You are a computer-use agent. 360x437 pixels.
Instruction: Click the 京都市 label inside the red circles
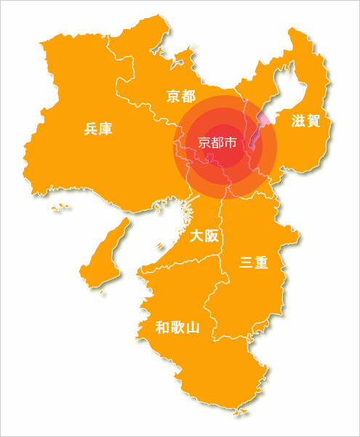point(217,143)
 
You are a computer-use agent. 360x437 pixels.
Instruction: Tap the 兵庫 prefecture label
point(98,129)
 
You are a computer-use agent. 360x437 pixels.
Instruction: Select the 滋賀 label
point(306,121)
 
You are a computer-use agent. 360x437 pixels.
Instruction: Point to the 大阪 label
point(204,236)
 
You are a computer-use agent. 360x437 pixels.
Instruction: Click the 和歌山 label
point(177,327)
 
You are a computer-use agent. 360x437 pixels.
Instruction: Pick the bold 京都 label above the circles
point(181,96)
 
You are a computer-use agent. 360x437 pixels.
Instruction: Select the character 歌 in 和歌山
point(177,327)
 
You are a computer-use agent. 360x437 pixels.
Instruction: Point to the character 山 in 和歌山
point(192,327)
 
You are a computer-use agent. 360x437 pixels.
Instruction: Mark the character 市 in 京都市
point(231,143)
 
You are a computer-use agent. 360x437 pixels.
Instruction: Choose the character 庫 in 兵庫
point(106,129)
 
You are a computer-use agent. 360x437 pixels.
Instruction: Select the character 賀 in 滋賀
point(313,121)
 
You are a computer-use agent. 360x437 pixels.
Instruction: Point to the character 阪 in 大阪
point(211,236)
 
